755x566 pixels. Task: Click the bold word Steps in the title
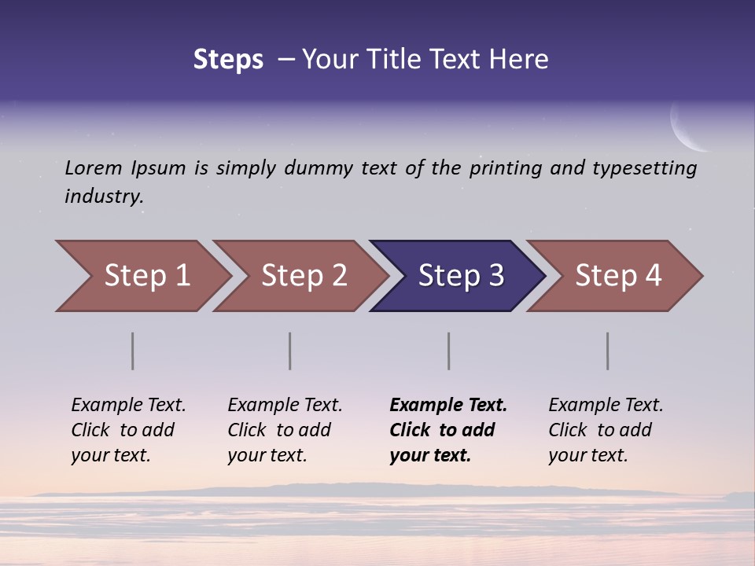click(228, 60)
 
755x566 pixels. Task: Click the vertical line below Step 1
click(132, 351)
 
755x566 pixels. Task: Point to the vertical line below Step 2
click(289, 351)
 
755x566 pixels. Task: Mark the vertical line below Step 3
click(448, 351)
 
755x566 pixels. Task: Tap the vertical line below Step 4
click(607, 351)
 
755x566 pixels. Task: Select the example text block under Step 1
click(128, 430)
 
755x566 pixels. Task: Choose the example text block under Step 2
click(285, 430)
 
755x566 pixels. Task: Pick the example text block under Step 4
click(606, 430)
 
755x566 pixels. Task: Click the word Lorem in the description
click(94, 167)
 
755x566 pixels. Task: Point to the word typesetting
click(644, 168)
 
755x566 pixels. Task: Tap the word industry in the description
click(104, 197)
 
